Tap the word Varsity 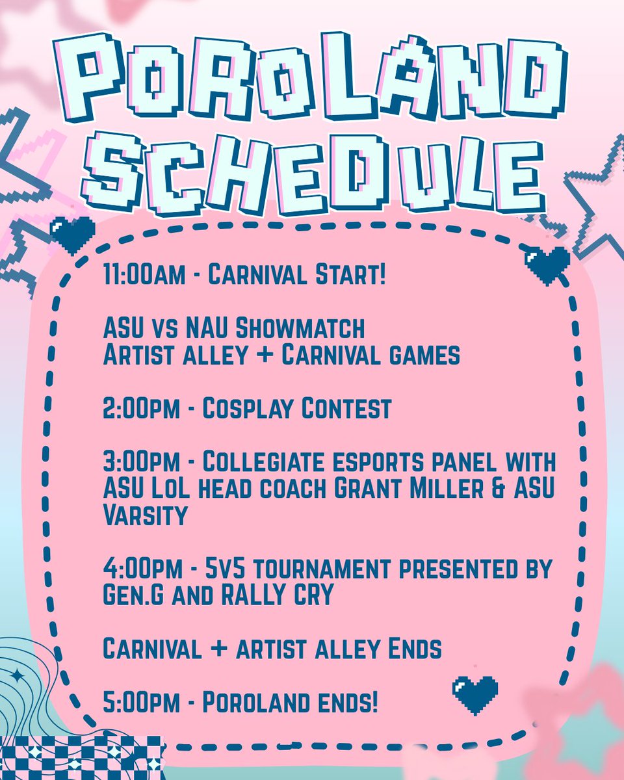coord(145,515)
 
